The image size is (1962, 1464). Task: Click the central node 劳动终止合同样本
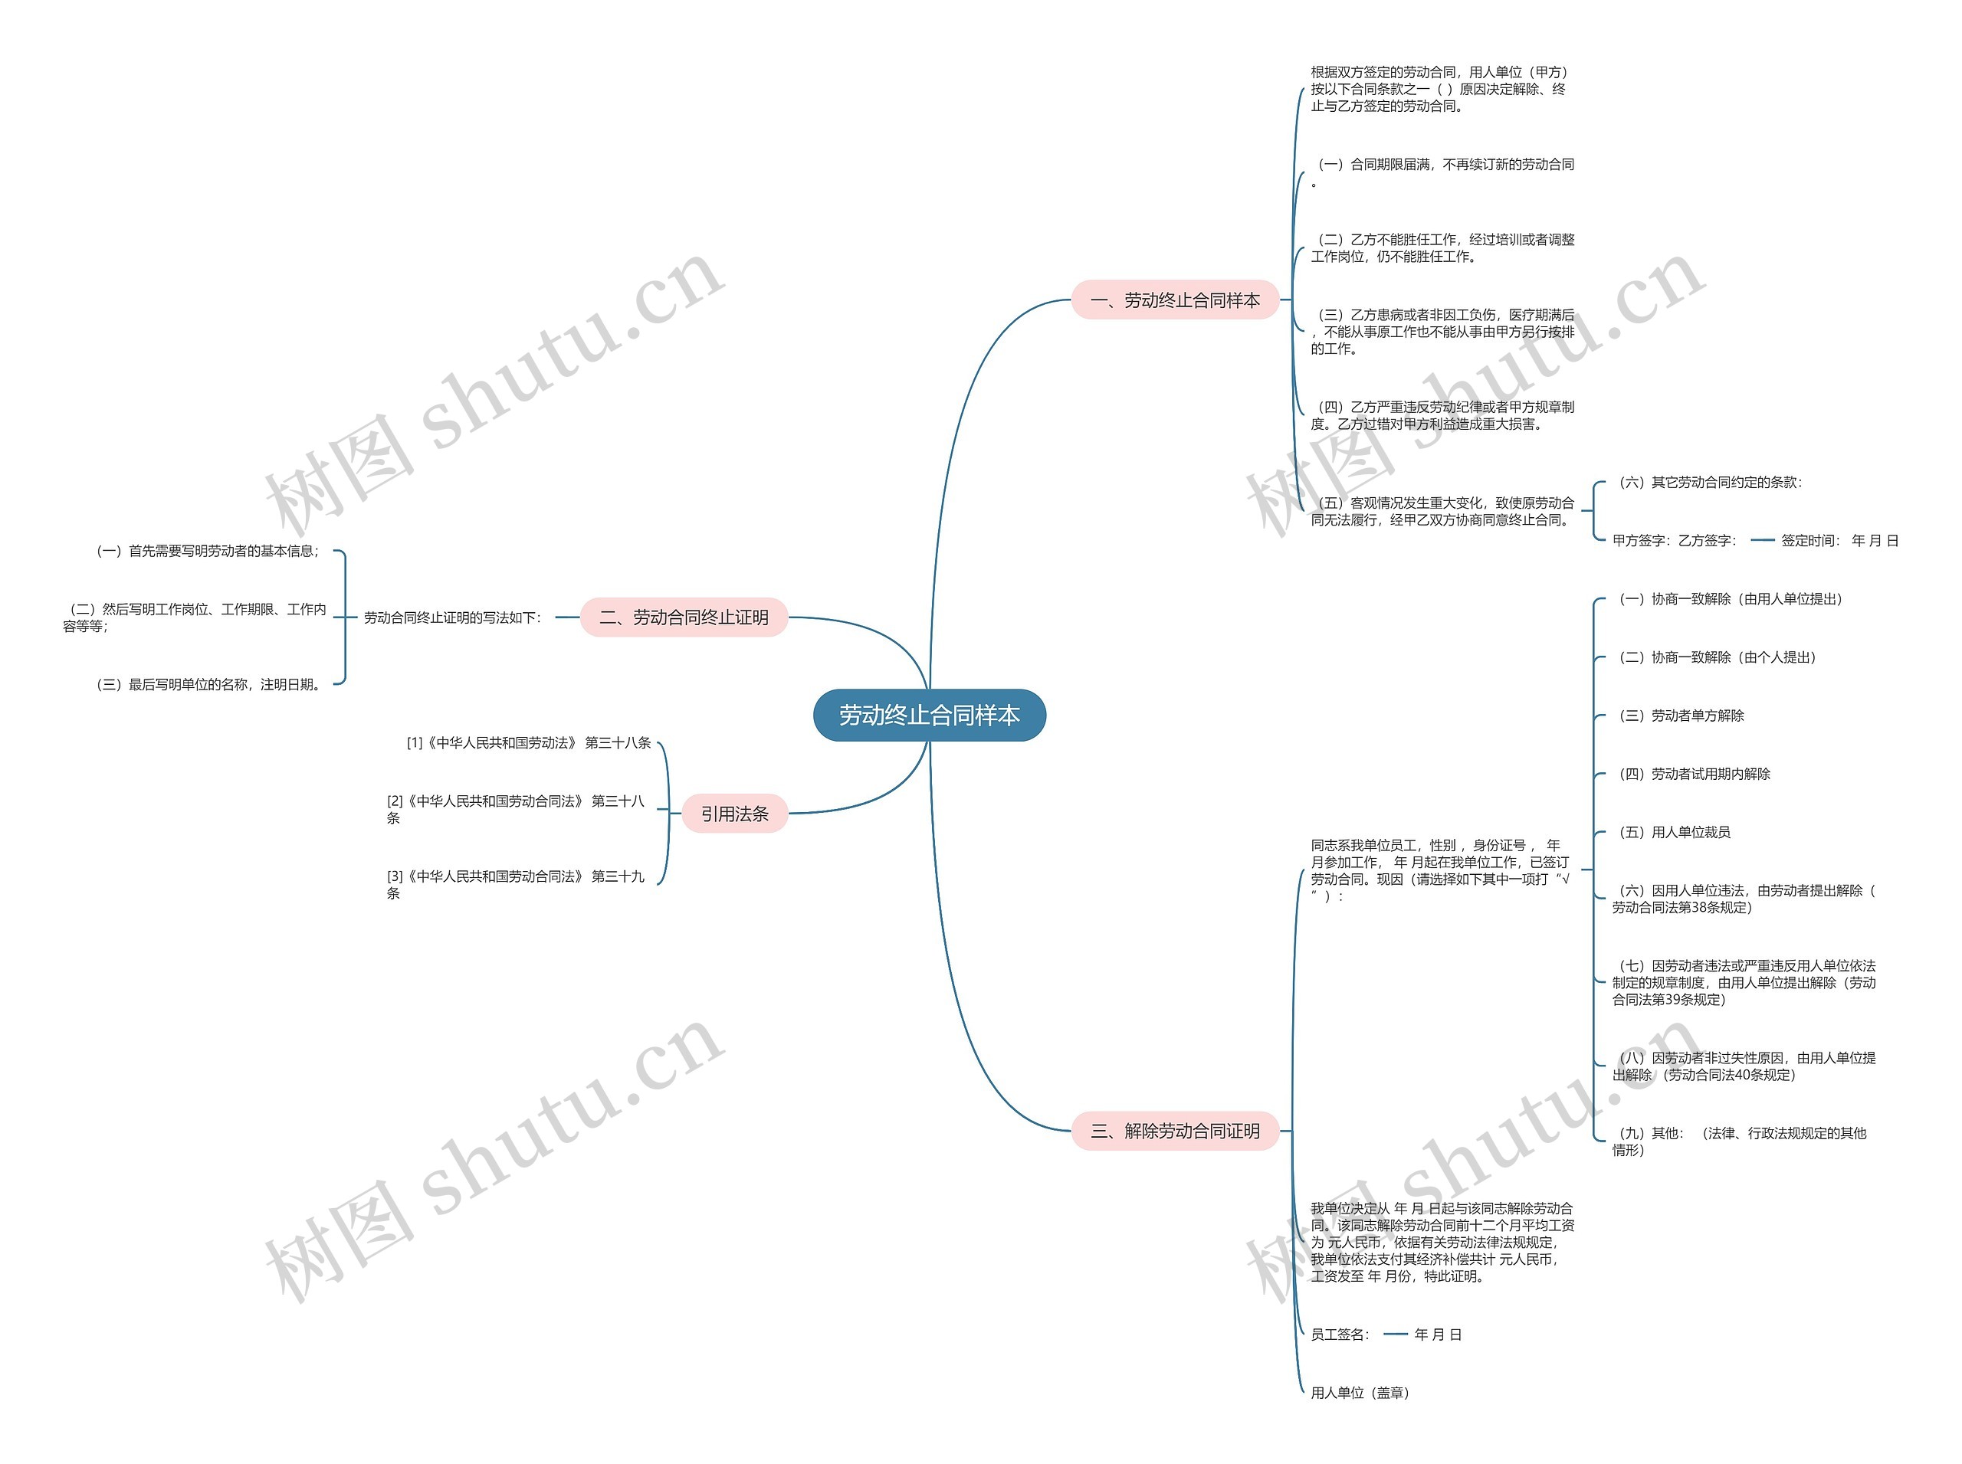click(x=928, y=716)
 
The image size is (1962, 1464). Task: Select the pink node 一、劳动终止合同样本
click(x=1174, y=300)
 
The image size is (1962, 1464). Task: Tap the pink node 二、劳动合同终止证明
click(x=684, y=617)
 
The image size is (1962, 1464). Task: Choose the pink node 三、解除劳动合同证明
click(x=1174, y=1131)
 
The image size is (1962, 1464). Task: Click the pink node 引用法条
click(x=734, y=814)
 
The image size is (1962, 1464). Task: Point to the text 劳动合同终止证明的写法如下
click(x=452, y=617)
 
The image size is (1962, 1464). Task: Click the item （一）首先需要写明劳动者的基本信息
click(x=207, y=552)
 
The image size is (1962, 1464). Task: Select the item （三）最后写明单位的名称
click(x=207, y=684)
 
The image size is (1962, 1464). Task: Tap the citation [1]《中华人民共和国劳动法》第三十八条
click(x=528, y=742)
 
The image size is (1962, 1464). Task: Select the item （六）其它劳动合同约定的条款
click(x=1707, y=482)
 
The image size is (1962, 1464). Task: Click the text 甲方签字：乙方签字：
click(x=1674, y=541)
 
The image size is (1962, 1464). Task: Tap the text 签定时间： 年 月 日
click(x=1839, y=541)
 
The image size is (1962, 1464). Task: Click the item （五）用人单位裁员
click(x=1672, y=832)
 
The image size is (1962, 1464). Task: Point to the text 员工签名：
click(x=1340, y=1335)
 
